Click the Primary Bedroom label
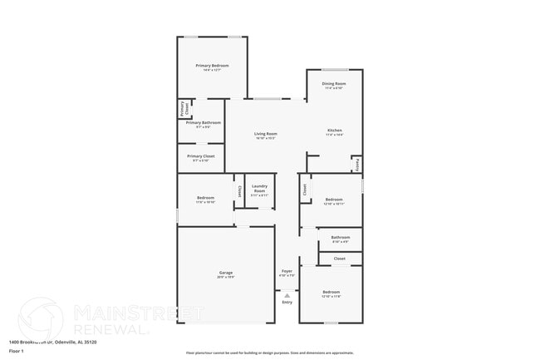tap(212, 66)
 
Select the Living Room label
tap(266, 133)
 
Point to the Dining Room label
tap(334, 84)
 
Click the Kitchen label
tap(334, 131)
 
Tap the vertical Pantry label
tap(357, 165)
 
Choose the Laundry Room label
tap(259, 188)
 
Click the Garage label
tap(225, 272)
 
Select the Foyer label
tap(287, 271)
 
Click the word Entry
tap(287, 302)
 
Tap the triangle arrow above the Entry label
tap(287, 294)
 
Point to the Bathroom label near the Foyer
tap(341, 238)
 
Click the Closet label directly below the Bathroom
tap(340, 259)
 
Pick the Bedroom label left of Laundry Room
tap(205, 197)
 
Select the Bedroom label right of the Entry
tap(331, 292)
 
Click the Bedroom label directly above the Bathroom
tap(334, 200)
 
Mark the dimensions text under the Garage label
tap(225, 277)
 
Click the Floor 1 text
tap(16, 351)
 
